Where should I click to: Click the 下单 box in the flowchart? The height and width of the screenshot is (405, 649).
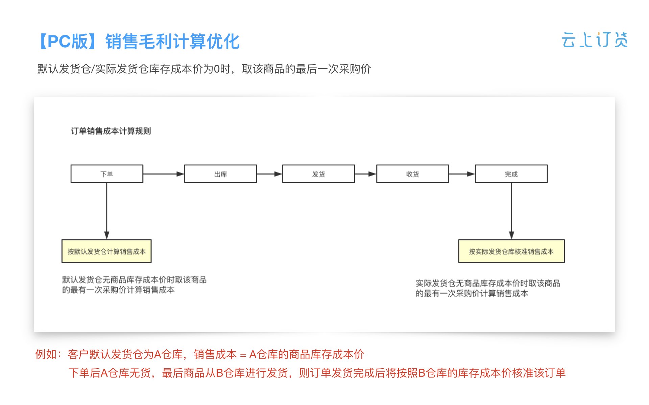tap(107, 174)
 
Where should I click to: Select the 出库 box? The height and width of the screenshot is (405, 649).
tap(220, 174)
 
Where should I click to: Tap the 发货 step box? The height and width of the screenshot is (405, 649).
tap(318, 174)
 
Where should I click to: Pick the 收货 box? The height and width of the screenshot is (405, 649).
tap(413, 174)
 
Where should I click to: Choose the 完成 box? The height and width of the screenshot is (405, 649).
tap(511, 174)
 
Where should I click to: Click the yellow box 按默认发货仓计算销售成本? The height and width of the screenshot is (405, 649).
tap(106, 251)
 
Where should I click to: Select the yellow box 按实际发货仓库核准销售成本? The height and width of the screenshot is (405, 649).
tap(511, 251)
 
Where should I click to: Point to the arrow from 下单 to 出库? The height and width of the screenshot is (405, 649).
tap(164, 174)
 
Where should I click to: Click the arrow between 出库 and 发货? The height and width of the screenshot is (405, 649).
tap(269, 174)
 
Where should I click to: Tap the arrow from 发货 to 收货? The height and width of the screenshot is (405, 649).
tap(366, 174)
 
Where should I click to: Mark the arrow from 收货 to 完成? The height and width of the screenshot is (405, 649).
tap(462, 174)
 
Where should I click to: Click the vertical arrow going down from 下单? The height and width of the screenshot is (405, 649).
tap(107, 211)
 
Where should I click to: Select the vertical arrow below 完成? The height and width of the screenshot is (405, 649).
tap(511, 211)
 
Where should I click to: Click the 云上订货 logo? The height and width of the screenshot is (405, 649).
tap(595, 40)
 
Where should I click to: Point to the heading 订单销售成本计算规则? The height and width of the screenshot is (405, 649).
tap(111, 131)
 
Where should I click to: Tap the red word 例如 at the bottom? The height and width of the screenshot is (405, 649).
tap(46, 354)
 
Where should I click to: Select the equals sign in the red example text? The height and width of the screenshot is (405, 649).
tap(243, 355)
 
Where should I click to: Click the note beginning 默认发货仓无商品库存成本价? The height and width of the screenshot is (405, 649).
tap(134, 285)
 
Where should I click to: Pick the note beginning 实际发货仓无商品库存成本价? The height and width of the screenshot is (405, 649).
tap(488, 288)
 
